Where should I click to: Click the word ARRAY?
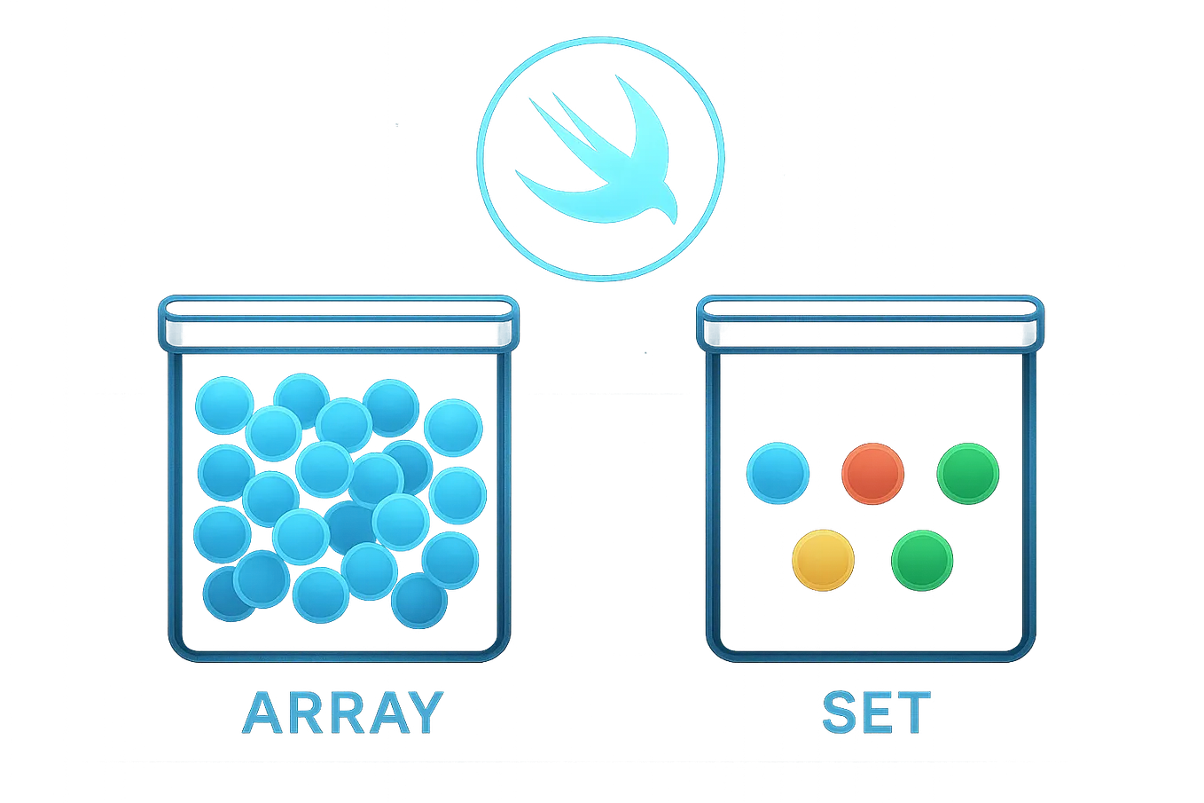click(341, 712)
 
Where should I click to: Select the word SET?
click(876, 712)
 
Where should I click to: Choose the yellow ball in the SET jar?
click(824, 560)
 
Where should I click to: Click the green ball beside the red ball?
click(968, 473)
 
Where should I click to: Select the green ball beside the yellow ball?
click(922, 560)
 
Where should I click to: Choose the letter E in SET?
click(876, 712)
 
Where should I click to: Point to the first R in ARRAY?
click(301, 712)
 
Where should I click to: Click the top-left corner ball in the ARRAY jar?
click(223, 405)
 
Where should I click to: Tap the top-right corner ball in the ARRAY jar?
click(453, 425)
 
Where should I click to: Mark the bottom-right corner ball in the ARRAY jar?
click(418, 601)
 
